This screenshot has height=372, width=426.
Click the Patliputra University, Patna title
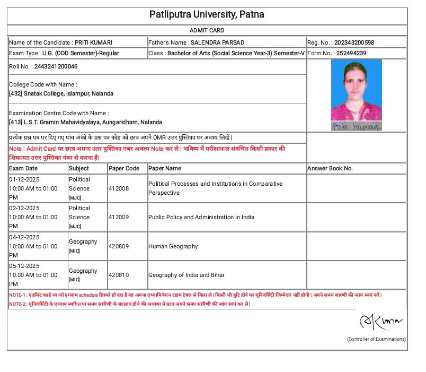pos(207,14)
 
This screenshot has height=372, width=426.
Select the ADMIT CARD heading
pos(207,30)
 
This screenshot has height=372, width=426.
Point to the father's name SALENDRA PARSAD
pos(210,42)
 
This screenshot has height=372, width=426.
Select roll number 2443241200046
pos(56,66)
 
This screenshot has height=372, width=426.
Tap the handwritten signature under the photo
pos(356,126)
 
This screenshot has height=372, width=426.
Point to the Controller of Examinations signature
pos(381,321)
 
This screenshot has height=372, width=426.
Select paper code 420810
pos(118,275)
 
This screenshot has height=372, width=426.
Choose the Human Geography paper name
pos(173,246)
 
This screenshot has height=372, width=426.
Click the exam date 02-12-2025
pos(24,208)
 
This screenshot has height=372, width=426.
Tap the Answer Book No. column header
pos(330,168)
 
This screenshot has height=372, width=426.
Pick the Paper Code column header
pos(124,168)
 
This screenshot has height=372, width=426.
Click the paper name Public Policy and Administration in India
pos(201,217)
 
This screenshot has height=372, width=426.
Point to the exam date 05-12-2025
pos(24,266)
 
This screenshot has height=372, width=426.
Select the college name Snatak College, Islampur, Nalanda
pos(68,93)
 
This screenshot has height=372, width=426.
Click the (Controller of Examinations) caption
pos(376,339)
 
